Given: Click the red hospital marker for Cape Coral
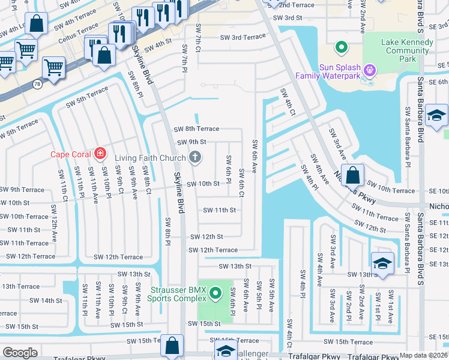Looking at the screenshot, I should coord(100,154).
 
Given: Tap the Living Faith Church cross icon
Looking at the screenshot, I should coord(194,158).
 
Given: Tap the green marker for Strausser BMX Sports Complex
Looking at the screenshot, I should coord(216,293).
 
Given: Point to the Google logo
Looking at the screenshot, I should coord(20,353).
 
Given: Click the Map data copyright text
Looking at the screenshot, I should coord(424,355).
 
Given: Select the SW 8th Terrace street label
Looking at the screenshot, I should coord(196,129).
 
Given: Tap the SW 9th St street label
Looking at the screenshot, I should coord(191,142).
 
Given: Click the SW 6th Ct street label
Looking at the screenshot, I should coord(241,183).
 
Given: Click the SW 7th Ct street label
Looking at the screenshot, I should coord(198,36).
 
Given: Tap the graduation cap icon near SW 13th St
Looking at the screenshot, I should coord(382,264).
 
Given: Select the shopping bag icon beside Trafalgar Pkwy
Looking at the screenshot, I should coord(172,346).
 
